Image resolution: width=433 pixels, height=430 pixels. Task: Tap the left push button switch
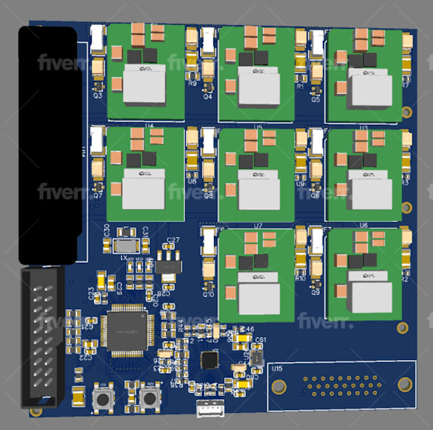(101, 399)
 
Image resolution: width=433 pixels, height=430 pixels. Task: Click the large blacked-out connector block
(50, 145)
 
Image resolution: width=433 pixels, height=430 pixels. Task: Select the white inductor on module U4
(145, 86)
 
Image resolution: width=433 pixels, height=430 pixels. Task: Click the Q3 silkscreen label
(98, 95)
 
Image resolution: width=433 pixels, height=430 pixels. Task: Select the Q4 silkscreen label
(208, 97)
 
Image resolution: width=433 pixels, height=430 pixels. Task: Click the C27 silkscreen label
(172, 240)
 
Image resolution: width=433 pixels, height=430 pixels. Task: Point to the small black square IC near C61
(209, 361)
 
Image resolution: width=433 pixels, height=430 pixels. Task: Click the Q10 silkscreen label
(208, 294)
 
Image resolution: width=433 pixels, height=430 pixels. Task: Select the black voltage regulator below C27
(168, 265)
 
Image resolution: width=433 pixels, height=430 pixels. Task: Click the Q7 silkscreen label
(98, 196)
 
